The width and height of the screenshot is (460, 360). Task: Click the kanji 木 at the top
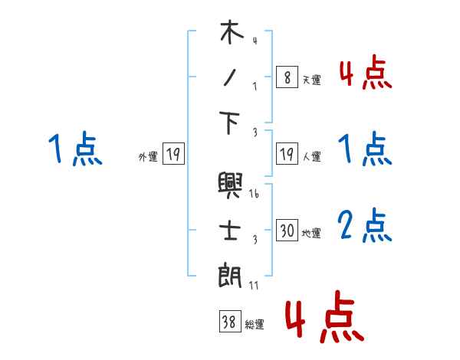232,33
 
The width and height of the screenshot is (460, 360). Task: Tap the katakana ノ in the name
232,77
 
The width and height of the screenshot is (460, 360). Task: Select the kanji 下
232,123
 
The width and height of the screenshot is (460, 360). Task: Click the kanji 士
232,229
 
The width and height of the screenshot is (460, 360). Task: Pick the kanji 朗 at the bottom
232,274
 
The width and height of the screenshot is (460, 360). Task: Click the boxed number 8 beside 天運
287,77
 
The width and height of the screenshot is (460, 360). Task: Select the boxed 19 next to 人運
287,154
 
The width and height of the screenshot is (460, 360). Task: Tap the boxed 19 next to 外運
173,155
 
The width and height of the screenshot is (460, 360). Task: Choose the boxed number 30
287,231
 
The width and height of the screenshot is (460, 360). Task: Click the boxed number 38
229,322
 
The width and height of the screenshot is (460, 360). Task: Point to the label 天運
312,80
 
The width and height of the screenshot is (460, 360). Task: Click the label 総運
255,325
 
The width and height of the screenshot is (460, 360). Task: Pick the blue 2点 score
365,226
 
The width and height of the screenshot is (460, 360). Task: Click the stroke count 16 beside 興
255,195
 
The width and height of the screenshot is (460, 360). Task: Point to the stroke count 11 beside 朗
255,285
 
